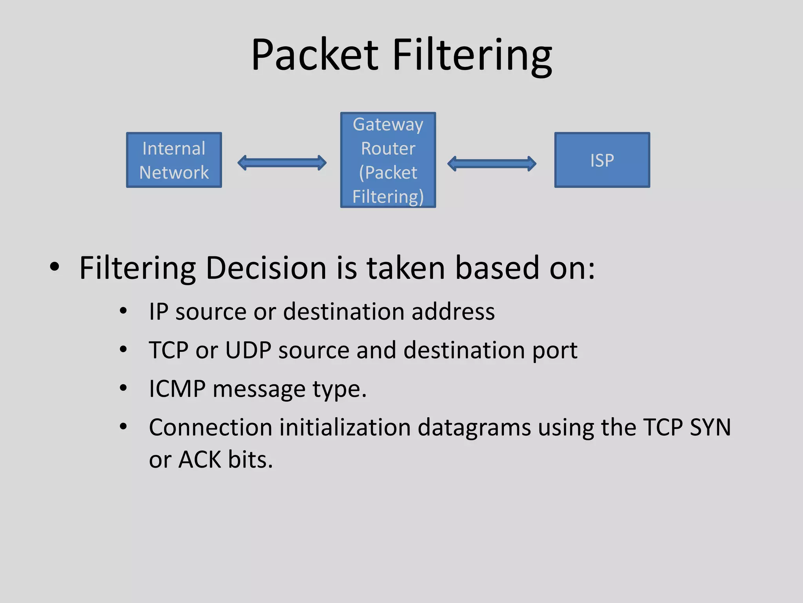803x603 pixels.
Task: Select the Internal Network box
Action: [174, 160]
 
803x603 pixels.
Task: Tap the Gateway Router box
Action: [388, 160]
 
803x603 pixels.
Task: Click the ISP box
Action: [602, 160]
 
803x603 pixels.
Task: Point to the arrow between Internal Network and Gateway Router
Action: [282, 163]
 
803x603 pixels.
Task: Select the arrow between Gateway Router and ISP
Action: [492, 163]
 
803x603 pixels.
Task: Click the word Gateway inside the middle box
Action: [388, 125]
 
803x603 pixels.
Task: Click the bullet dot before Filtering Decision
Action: [55, 267]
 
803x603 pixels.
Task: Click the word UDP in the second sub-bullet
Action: [248, 350]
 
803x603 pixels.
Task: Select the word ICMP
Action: [177, 389]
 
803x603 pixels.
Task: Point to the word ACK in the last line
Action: [200, 459]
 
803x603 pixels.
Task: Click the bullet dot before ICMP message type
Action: [123, 388]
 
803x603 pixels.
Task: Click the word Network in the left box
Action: [174, 173]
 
